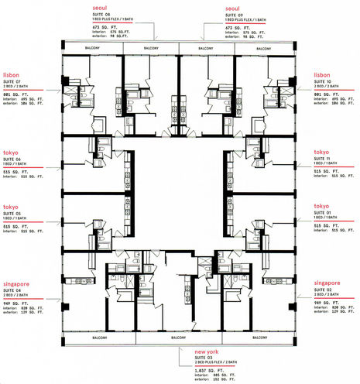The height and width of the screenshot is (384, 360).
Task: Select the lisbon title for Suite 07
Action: pos(12,75)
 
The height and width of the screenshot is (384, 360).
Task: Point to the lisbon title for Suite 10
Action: pos(323,75)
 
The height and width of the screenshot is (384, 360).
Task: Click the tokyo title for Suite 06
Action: pos(11,153)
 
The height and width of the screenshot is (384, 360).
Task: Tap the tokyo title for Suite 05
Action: pos(11,206)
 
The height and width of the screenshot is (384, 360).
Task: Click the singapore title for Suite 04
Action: pos(17,283)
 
